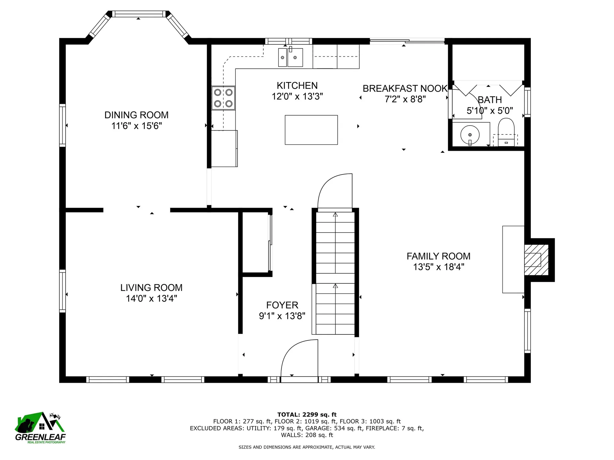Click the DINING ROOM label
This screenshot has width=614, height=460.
point(136,115)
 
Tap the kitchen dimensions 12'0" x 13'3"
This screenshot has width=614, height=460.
point(297,96)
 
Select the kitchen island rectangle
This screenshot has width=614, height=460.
point(311,130)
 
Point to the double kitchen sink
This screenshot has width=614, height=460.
point(290,57)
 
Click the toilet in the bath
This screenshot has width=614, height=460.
point(506,131)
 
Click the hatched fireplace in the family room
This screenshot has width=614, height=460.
point(536,260)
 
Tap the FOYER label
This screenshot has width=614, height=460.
point(282,305)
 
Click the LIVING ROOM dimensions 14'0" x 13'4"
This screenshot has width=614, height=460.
point(151,299)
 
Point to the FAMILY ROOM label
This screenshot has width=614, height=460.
point(438,256)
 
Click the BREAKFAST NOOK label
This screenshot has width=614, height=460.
point(405,88)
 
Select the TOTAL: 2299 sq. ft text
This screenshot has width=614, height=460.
point(307,415)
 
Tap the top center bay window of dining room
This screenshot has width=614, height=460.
point(138,14)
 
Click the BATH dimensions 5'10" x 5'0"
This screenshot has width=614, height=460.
point(490,111)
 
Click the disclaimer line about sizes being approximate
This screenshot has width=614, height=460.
point(307,447)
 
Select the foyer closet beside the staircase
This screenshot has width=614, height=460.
point(256,243)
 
